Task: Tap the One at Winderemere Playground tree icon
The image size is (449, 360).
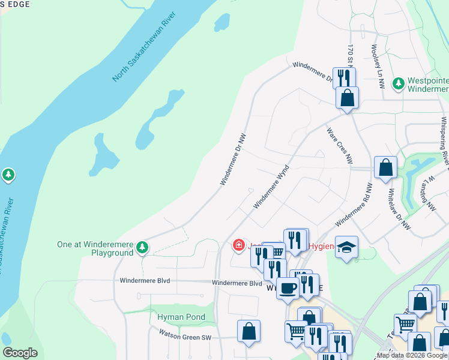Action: (x=142, y=247)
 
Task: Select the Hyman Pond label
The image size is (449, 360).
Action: (x=181, y=317)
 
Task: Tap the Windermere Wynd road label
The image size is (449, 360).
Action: (x=271, y=187)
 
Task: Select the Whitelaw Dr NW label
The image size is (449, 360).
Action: (x=399, y=209)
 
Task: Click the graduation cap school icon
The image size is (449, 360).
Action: (x=346, y=248)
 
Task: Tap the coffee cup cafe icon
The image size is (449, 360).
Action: (x=288, y=288)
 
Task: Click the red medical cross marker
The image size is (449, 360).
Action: (x=238, y=245)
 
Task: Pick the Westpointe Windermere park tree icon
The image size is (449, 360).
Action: (x=397, y=82)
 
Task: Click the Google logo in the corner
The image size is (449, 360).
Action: (x=20, y=353)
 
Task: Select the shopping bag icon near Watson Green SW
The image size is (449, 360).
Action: (x=249, y=331)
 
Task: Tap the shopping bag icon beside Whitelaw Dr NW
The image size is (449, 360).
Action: (x=385, y=167)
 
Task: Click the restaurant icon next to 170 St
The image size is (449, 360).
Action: (x=344, y=78)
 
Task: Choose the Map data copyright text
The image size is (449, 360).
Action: (x=412, y=355)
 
